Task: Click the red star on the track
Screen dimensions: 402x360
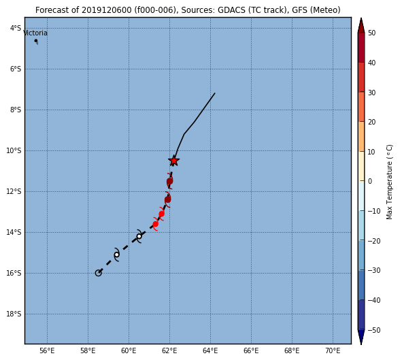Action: click(174, 161)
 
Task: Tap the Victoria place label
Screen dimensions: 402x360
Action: click(35, 33)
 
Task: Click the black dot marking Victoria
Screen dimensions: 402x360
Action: click(36, 41)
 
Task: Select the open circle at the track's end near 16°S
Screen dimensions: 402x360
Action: click(99, 273)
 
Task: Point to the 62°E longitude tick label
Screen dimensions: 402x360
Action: click(169, 350)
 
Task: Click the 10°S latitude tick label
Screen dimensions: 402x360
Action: click(14, 150)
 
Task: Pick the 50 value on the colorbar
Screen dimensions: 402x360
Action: click(372, 33)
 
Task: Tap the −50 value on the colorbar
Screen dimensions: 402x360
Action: click(374, 330)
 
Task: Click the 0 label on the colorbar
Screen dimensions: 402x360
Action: click(370, 181)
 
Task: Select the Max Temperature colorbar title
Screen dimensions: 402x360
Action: click(389, 182)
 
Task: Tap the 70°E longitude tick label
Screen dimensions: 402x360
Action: click(333, 350)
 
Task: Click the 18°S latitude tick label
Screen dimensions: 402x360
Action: click(14, 314)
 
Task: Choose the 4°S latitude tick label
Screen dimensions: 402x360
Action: click(16, 28)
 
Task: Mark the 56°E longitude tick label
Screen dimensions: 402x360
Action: click(47, 350)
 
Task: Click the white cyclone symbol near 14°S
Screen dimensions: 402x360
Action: click(139, 236)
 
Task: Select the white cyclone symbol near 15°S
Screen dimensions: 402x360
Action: click(116, 255)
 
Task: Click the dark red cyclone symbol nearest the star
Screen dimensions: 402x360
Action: click(170, 181)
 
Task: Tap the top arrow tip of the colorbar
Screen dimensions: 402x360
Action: click(361, 18)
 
